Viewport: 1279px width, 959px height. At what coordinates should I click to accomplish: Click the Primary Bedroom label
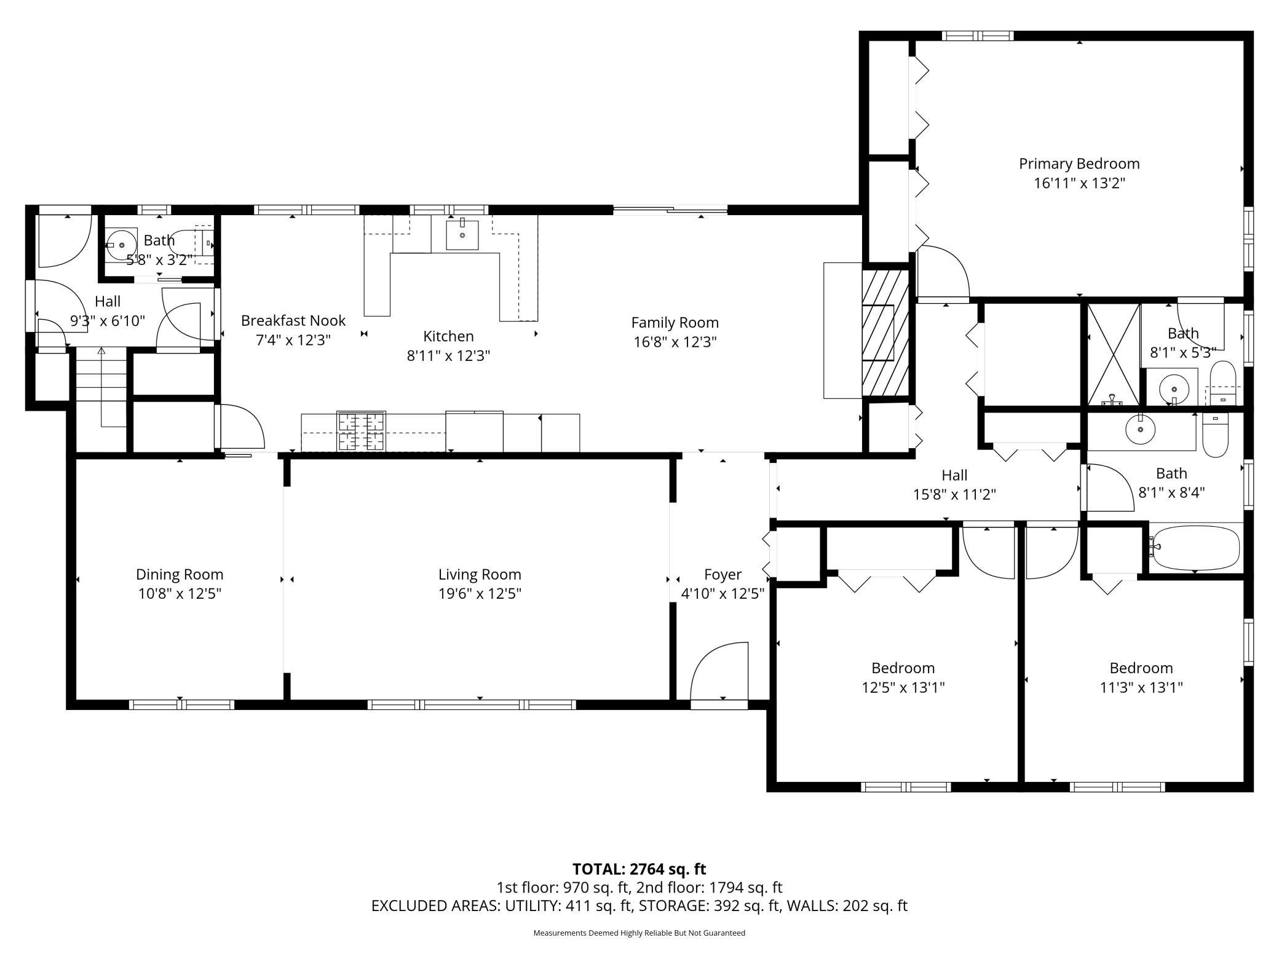[x=1079, y=164]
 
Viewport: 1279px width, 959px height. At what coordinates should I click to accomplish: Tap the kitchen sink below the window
[x=462, y=234]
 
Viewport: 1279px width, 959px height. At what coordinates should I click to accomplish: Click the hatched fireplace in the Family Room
[x=885, y=332]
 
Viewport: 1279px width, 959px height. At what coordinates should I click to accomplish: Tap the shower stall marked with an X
[x=1114, y=355]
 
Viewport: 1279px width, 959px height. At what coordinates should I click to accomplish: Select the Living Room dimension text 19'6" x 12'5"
[x=480, y=594]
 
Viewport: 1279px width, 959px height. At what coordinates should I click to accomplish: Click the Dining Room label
[x=180, y=574]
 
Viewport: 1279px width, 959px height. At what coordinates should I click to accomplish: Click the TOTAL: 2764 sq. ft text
[x=639, y=869]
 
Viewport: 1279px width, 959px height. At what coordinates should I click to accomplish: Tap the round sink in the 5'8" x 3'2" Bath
[x=121, y=245]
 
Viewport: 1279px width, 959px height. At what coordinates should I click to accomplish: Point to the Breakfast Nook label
[x=293, y=320]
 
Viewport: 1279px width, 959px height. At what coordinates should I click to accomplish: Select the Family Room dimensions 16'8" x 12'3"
[x=675, y=342]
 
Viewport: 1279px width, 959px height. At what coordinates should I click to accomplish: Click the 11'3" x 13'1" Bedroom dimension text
[x=1141, y=687]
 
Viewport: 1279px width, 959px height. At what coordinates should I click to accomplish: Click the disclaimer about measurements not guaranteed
[x=639, y=933]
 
